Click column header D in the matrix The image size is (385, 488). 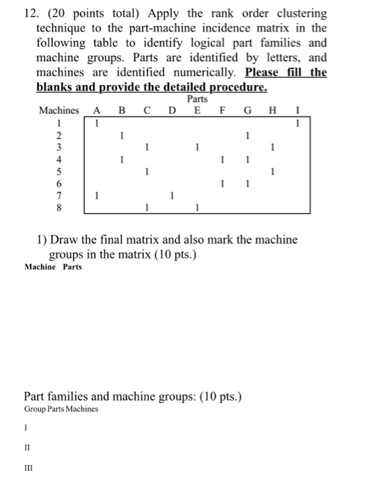[x=171, y=110]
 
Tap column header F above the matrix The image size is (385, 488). [x=222, y=110]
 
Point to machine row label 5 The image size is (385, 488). [x=59, y=171]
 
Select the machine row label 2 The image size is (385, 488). [x=59, y=135]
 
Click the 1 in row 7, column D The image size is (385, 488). [x=171, y=196]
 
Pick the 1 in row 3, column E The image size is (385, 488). [x=197, y=147]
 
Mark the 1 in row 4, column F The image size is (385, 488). [x=222, y=160]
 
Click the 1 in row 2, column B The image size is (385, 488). [x=121, y=135]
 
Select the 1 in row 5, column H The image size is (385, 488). [x=273, y=171]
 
